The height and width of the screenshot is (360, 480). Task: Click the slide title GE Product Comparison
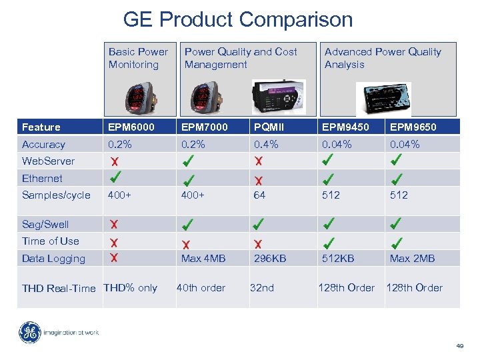click(x=238, y=20)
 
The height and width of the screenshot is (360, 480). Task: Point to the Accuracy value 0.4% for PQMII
click(x=265, y=144)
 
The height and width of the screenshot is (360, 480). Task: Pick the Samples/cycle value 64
click(x=259, y=195)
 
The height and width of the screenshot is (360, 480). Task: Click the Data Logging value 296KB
click(x=270, y=258)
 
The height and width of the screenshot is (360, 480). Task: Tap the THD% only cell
click(x=130, y=287)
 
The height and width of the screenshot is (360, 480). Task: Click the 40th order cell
click(x=201, y=287)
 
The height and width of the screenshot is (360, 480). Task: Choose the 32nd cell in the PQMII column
click(x=262, y=287)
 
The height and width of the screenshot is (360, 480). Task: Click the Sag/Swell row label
click(x=45, y=224)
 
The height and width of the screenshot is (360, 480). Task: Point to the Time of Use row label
click(x=50, y=241)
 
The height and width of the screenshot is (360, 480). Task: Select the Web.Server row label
click(x=48, y=161)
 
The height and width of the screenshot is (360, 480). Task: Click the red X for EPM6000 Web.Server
click(x=115, y=161)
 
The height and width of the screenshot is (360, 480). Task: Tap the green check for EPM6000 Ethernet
click(x=115, y=177)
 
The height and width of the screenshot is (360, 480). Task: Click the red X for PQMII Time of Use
click(x=258, y=244)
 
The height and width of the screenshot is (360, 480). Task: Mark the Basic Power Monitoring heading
click(x=138, y=58)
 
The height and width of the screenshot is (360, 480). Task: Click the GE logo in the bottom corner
click(x=29, y=332)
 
